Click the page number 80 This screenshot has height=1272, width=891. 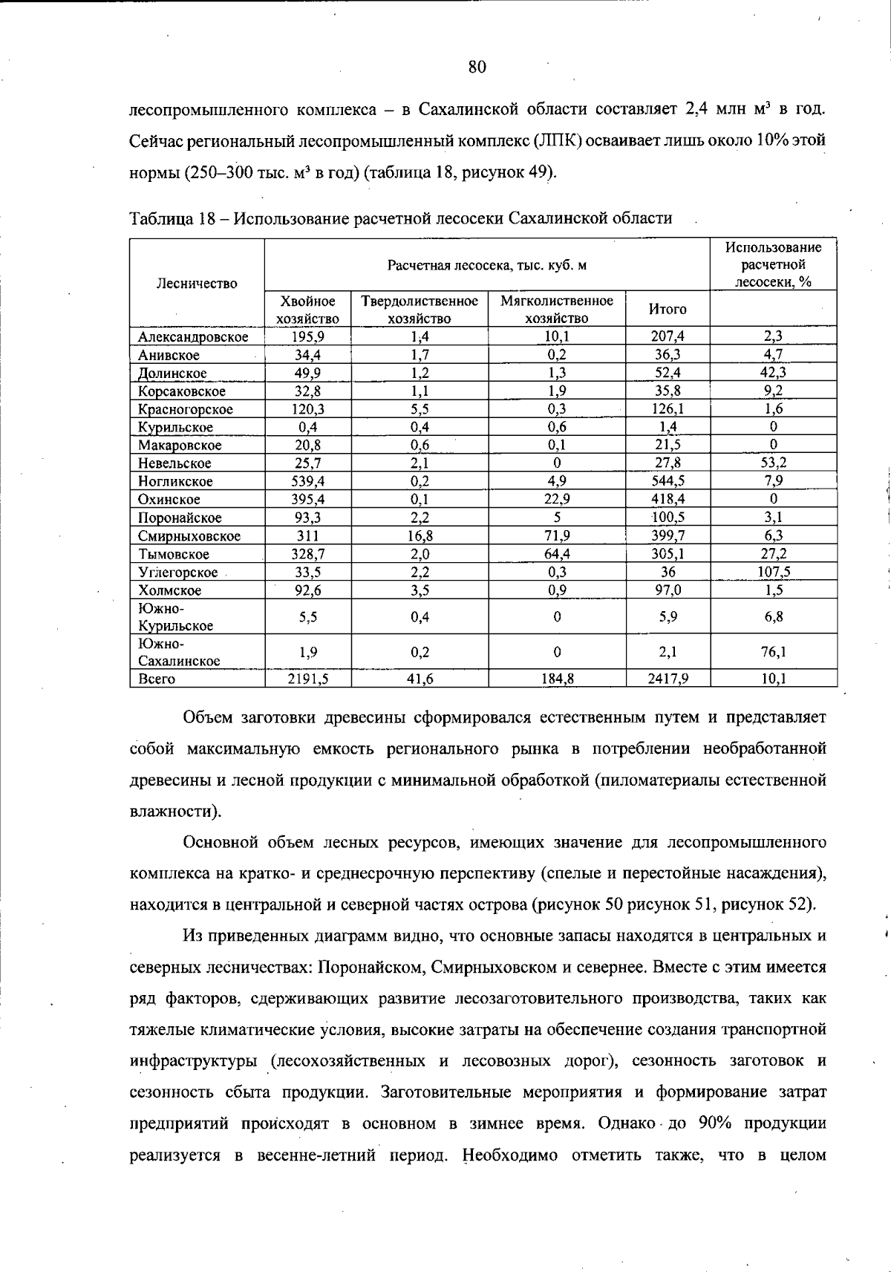click(x=477, y=68)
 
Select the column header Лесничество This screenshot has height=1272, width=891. click(x=197, y=283)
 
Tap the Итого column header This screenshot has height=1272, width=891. click(x=668, y=309)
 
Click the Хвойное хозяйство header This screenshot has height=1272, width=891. click(x=307, y=309)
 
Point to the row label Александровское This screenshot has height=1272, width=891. click(x=193, y=337)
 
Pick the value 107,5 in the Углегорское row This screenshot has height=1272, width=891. click(x=773, y=572)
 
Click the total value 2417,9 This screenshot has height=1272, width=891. click(x=668, y=678)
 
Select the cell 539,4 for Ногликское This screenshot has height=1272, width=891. click(x=307, y=481)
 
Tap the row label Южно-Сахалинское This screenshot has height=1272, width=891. click(x=179, y=652)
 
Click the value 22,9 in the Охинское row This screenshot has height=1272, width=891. click(x=557, y=499)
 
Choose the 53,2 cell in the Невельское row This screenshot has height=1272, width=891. click(x=773, y=463)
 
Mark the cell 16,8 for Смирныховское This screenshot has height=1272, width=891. click(x=420, y=535)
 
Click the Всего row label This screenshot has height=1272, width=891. click(x=157, y=679)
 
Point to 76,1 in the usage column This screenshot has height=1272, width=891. click(x=773, y=652)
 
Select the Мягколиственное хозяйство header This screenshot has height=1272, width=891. click(x=557, y=309)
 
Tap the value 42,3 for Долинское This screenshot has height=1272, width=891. click(x=773, y=373)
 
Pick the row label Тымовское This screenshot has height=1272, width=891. click(x=174, y=554)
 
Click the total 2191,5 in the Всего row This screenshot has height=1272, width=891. click(x=307, y=678)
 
